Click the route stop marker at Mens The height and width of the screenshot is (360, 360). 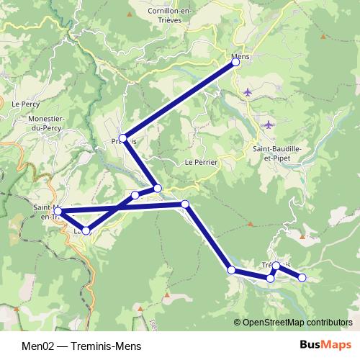[235, 63]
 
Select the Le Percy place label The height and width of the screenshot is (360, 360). [24, 104]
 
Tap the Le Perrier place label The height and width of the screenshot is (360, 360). [201, 163]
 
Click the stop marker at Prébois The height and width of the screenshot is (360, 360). [123, 138]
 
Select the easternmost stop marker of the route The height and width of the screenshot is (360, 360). [302, 277]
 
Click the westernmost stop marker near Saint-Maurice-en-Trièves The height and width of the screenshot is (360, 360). [58, 212]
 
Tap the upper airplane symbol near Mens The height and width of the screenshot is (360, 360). [248, 91]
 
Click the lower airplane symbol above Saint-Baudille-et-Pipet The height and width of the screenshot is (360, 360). [269, 125]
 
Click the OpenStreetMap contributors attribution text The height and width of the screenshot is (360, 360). [293, 322]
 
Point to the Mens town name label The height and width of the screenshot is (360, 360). [240, 55]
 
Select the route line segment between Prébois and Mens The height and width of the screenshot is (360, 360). [179, 100]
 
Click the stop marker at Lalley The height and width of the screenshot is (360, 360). [86, 230]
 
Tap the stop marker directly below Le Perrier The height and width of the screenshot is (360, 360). [185, 204]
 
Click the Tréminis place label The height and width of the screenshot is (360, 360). [278, 264]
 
